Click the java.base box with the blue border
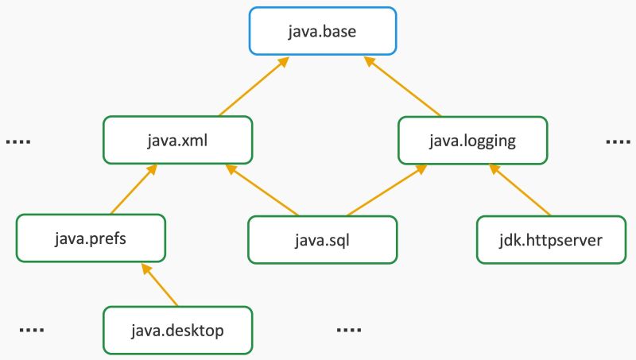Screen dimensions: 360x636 coord(323,32)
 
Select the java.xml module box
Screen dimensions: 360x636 coord(178,141)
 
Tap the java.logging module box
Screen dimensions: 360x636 coord(472,141)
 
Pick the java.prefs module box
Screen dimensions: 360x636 coord(91,238)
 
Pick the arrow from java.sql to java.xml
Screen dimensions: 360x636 coord(262,191)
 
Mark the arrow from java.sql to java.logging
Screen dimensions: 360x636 coord(385,191)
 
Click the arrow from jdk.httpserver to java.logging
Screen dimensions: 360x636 coord(520,190)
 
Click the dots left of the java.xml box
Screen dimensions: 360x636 coord(18,142)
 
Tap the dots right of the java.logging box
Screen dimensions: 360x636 coord(618,142)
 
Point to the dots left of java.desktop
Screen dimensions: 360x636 coord(31,330)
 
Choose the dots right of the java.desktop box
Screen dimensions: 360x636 coord(348,330)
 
